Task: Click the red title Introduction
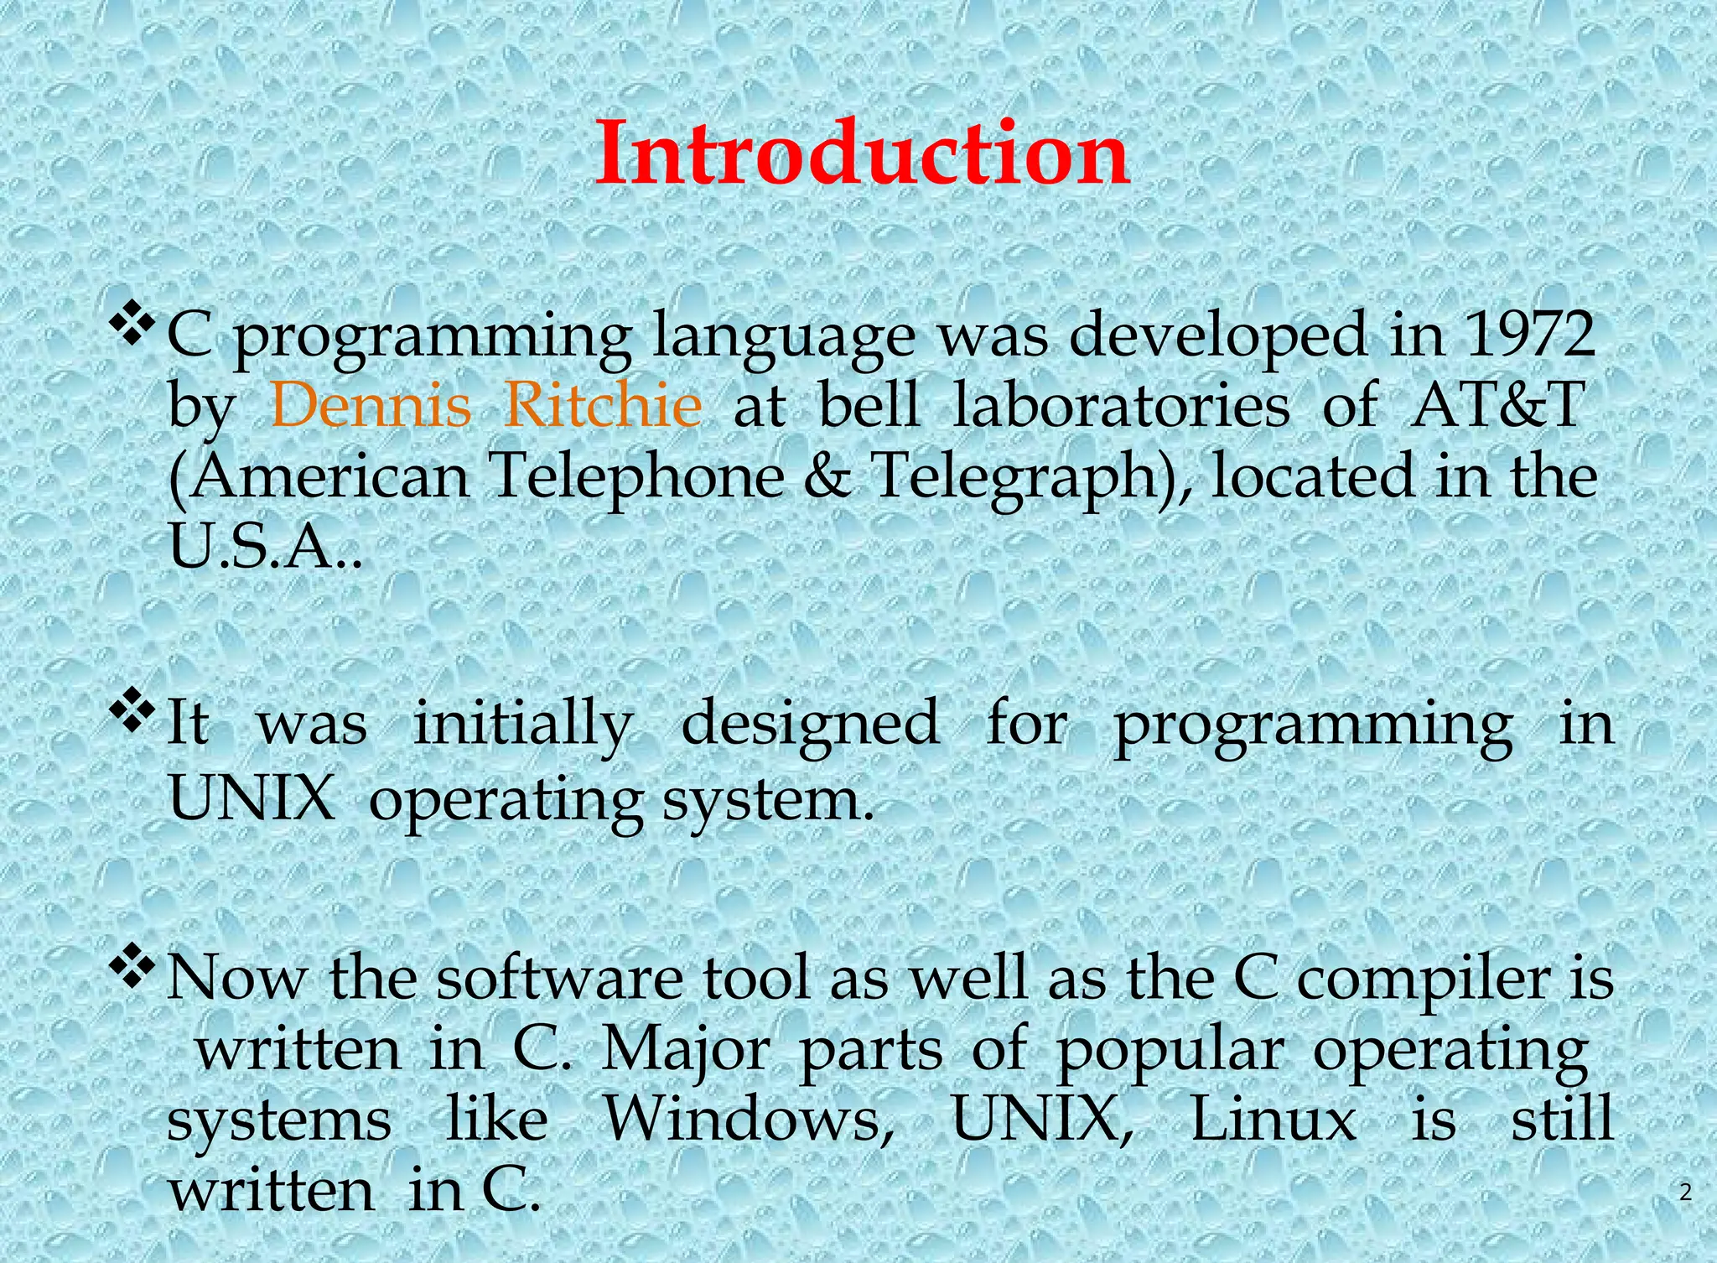coord(862,154)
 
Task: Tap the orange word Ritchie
coord(604,406)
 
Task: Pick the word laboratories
coord(1121,406)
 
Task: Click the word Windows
coord(749,1120)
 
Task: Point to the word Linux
coord(1273,1120)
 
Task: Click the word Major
coord(686,1050)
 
